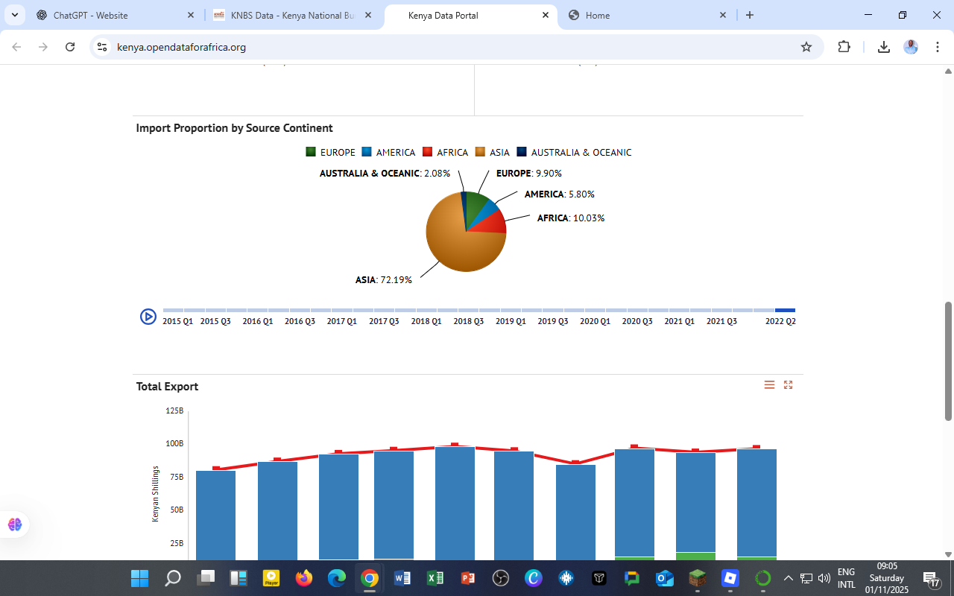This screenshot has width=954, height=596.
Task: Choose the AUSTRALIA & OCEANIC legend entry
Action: tap(574, 152)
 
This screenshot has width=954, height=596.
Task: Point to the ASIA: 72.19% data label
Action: tap(383, 280)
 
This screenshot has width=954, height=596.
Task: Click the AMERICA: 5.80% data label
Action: tap(559, 194)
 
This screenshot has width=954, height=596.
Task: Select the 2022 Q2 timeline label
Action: tap(780, 321)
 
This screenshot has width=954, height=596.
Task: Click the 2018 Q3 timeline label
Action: tap(468, 321)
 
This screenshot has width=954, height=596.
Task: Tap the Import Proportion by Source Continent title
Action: tap(234, 128)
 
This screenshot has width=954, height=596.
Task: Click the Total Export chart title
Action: tap(167, 387)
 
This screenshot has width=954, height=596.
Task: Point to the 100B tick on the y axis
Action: tap(174, 444)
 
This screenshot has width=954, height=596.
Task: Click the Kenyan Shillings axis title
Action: tap(156, 493)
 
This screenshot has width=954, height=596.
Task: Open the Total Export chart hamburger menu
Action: tap(769, 385)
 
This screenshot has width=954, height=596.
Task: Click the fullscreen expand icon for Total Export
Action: tap(788, 385)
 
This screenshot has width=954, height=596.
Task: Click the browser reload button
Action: tap(70, 47)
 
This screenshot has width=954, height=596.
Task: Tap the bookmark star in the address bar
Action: tap(806, 47)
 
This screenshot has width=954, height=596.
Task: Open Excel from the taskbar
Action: tap(435, 578)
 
